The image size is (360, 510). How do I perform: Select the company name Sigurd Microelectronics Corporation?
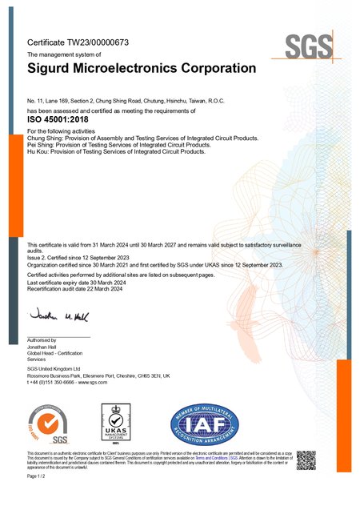[142, 69]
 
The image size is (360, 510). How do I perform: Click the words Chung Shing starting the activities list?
[45, 138]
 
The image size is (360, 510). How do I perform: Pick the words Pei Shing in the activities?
[42, 144]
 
